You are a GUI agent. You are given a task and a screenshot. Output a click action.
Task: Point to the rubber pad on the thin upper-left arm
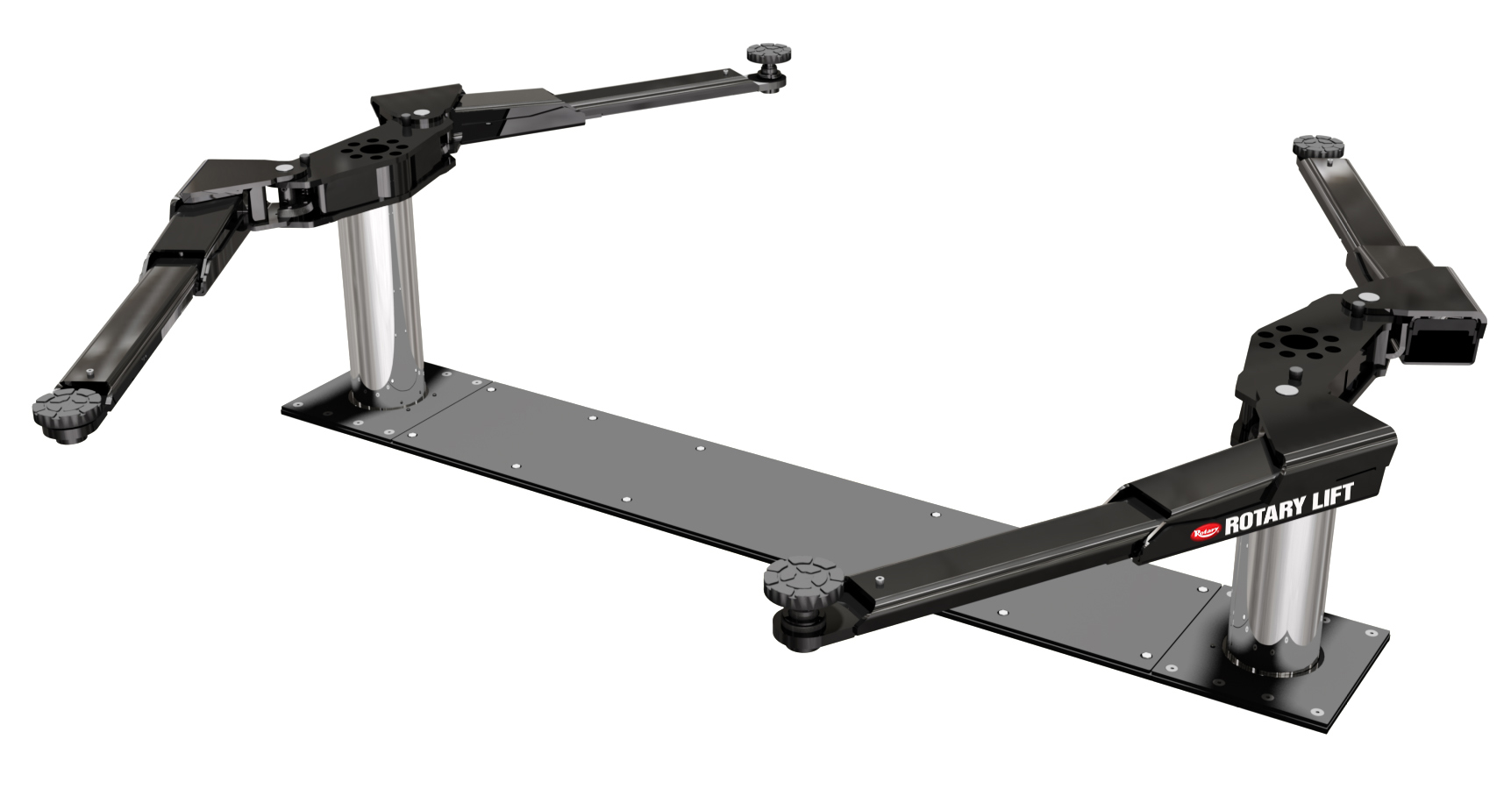(765, 53)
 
